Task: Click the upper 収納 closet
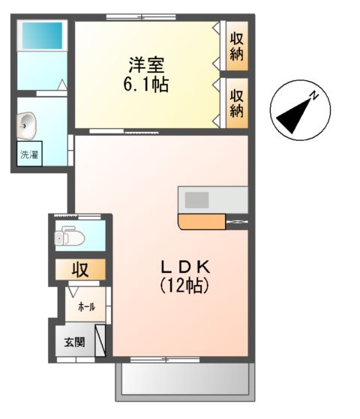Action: pos(237,45)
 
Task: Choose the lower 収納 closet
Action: pos(237,102)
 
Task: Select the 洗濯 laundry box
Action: pos(29,156)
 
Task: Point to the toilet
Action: pos(69,238)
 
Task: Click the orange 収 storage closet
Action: pos(78,269)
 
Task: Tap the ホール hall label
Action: pos(86,307)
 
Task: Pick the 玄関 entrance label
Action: pos(73,343)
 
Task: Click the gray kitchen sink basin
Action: pos(198,200)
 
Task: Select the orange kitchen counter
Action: pos(202,220)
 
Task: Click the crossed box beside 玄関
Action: pos(100,340)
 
